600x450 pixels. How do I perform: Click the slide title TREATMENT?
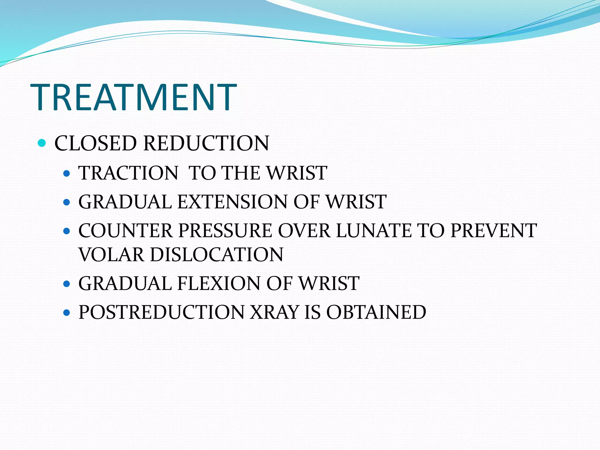pos(133,97)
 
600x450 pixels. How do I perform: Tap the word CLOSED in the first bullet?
pos(96,143)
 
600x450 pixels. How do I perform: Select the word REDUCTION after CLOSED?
pos(206,143)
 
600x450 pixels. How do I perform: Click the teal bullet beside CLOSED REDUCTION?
pos(42,143)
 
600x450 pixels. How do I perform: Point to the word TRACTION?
pos(128,173)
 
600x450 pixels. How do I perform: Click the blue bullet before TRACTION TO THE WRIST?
pos(67,173)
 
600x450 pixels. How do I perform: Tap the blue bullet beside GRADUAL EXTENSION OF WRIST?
pos(67,202)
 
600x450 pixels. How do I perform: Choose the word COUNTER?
pos(125,231)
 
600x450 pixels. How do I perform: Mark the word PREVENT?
pos(494,231)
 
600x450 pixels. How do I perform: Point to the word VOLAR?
pos(111,254)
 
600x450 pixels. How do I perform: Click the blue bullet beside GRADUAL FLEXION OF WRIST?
pos(67,284)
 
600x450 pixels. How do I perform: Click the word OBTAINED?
pos(376,312)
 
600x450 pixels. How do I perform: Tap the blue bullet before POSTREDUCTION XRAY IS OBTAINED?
pos(67,313)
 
